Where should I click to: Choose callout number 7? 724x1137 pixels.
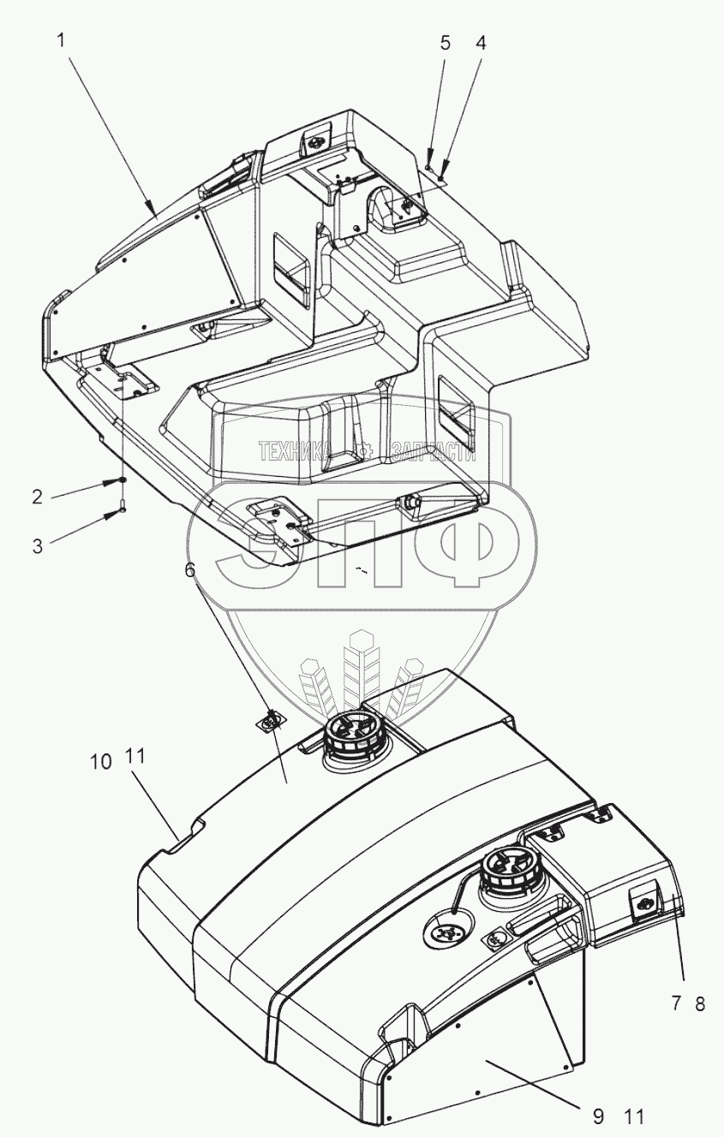pos(677,1004)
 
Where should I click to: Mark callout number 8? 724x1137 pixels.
pos(699,1004)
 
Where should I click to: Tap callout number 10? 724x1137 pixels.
pos(101,760)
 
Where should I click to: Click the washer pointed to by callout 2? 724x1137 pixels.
pos(123,480)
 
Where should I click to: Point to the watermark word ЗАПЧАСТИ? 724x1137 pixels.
pos(433,451)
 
